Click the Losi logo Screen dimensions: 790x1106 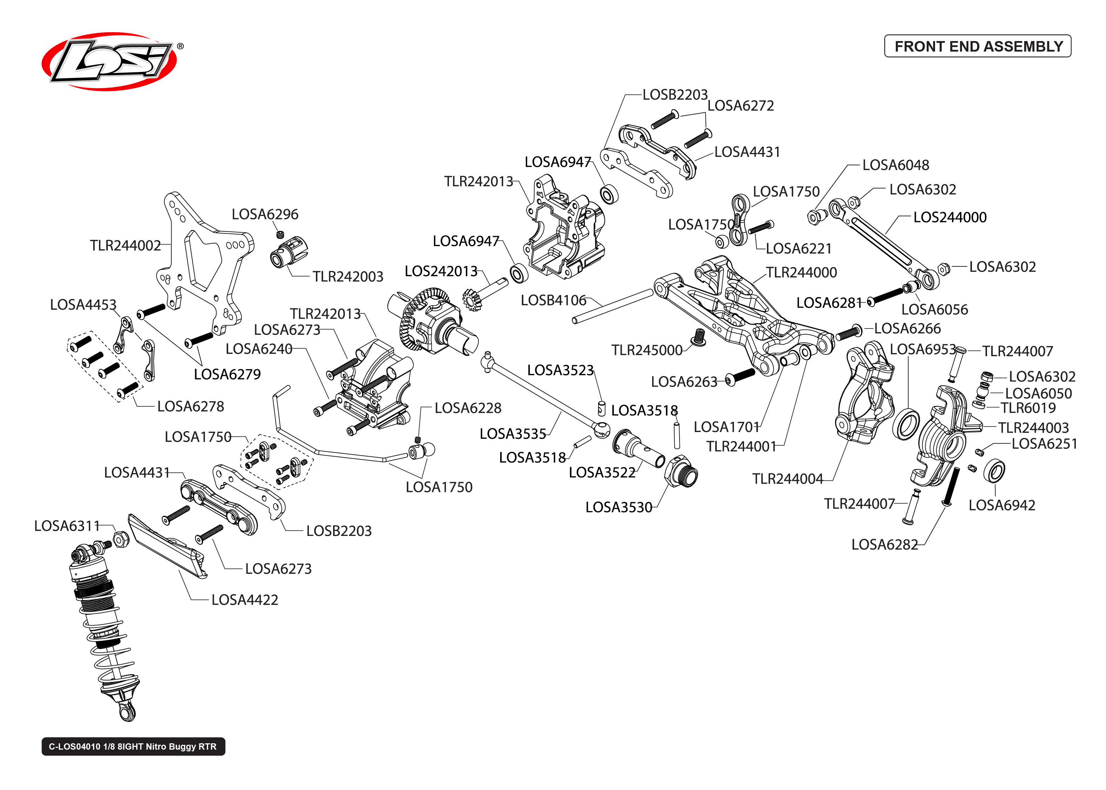tap(111, 61)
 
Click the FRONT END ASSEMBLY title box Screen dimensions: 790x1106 tap(977, 46)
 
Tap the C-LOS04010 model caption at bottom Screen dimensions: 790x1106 tap(133, 746)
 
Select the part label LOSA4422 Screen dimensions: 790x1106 tap(245, 600)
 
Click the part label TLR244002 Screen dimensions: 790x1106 tap(125, 245)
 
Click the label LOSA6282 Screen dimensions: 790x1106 tap(884, 544)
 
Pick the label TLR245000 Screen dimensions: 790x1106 tap(647, 350)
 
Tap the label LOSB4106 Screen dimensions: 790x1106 tap(553, 300)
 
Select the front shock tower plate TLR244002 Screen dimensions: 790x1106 tap(204, 263)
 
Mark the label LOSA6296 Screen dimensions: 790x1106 tap(265, 214)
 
